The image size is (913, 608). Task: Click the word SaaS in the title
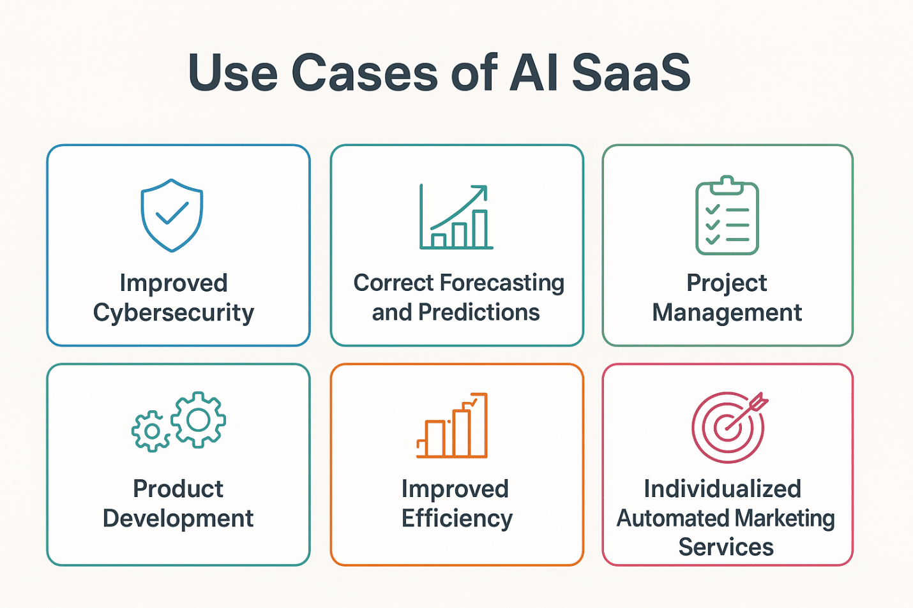[x=631, y=73]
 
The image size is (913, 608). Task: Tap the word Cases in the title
[x=365, y=73]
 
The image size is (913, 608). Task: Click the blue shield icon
[x=172, y=214]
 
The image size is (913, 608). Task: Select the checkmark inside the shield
[x=172, y=212]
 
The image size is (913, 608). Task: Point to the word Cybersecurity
[x=174, y=313]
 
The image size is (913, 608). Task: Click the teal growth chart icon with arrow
[x=456, y=217]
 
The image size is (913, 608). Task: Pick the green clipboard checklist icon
[x=727, y=217]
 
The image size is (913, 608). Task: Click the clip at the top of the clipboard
[x=727, y=184]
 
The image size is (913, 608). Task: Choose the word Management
[x=727, y=313]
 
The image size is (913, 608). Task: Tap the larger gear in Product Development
[x=199, y=419]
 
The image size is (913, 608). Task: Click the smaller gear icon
[x=151, y=432]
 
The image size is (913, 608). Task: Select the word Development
[x=178, y=518]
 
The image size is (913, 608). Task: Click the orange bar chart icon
[x=452, y=426]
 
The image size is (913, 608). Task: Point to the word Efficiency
[x=457, y=518]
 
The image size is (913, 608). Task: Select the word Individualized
[x=722, y=489]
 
